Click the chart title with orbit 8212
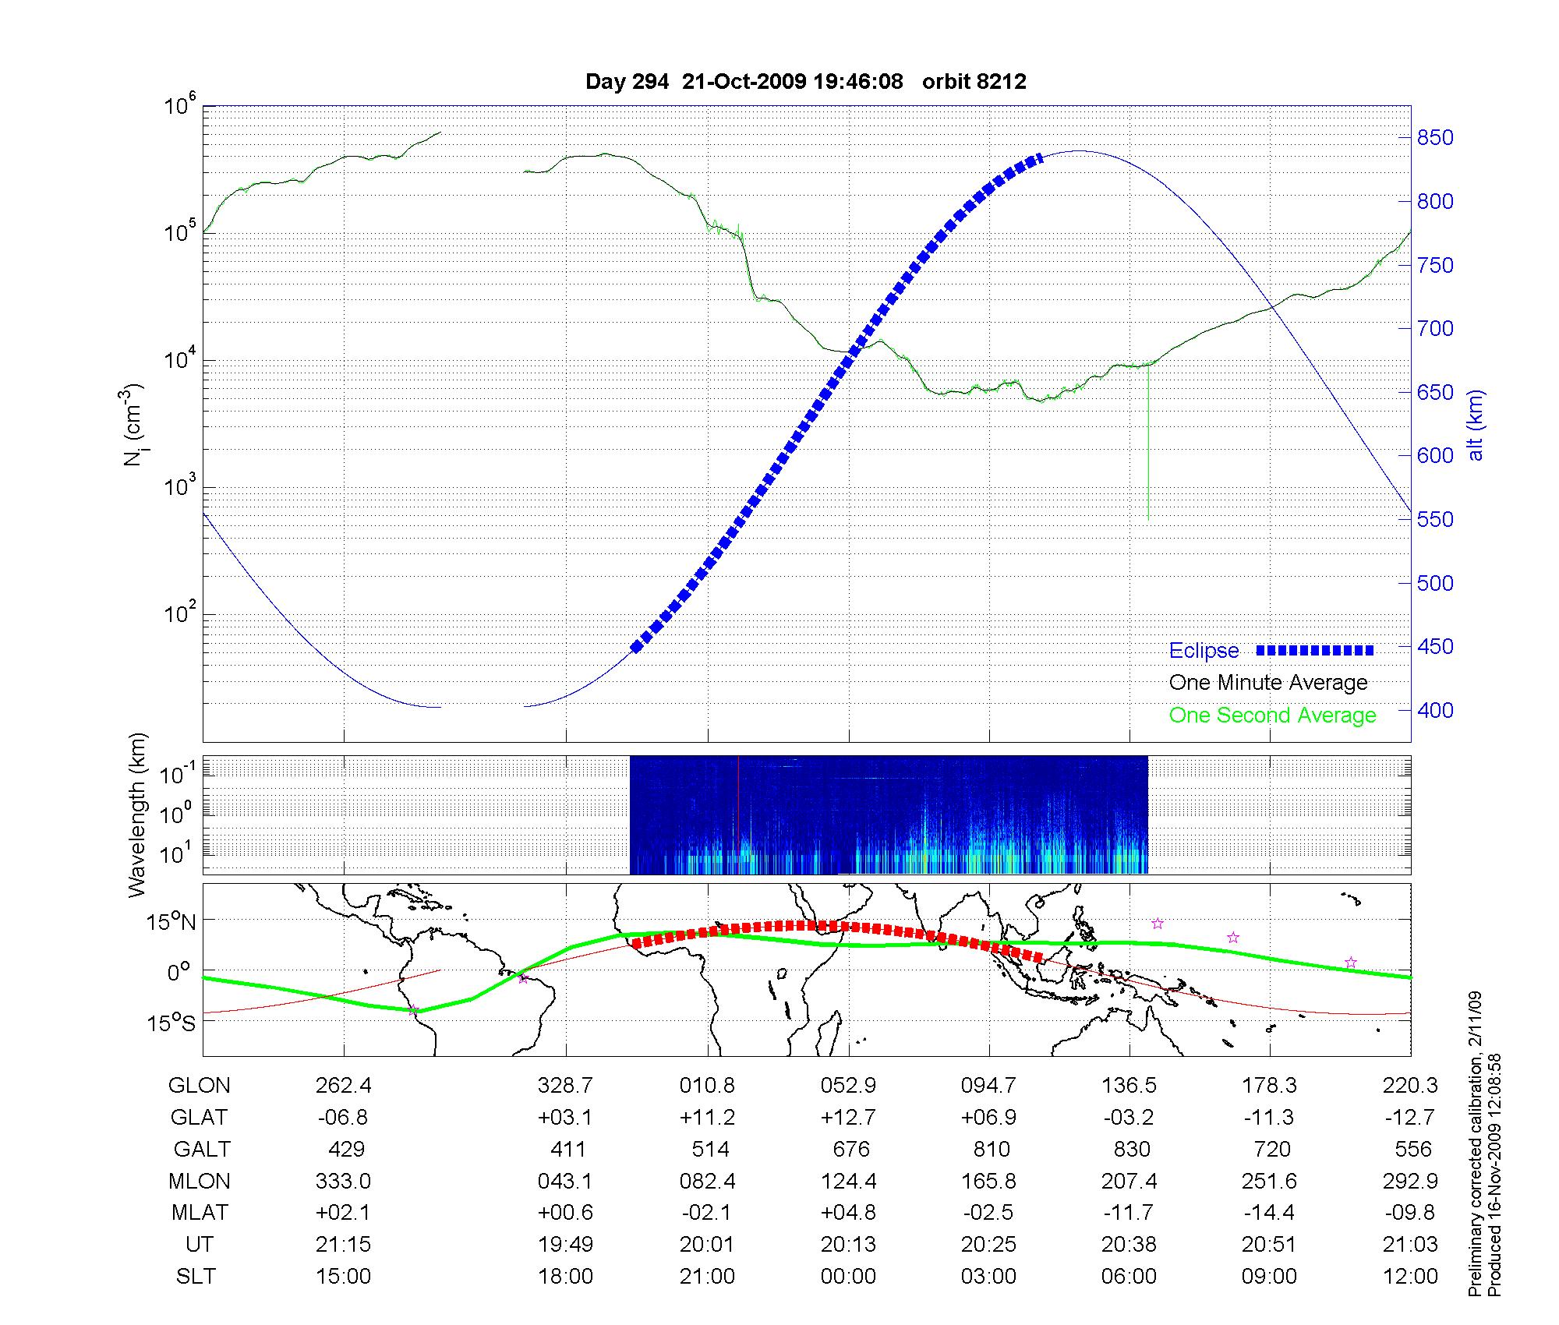click(x=805, y=81)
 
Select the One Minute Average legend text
click(x=1268, y=683)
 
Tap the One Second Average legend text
click(x=1272, y=715)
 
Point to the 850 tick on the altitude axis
click(x=1435, y=138)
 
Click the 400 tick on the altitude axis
click(x=1435, y=710)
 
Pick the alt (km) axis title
click(x=1476, y=426)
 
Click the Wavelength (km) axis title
click(x=137, y=814)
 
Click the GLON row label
click(x=199, y=1086)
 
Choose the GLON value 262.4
click(x=343, y=1086)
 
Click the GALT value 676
click(x=850, y=1150)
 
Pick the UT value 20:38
click(x=1129, y=1245)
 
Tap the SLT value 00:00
click(x=848, y=1277)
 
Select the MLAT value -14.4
click(x=1269, y=1213)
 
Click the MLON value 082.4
click(x=708, y=1182)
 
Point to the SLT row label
click(x=196, y=1277)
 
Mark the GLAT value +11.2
click(x=707, y=1118)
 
